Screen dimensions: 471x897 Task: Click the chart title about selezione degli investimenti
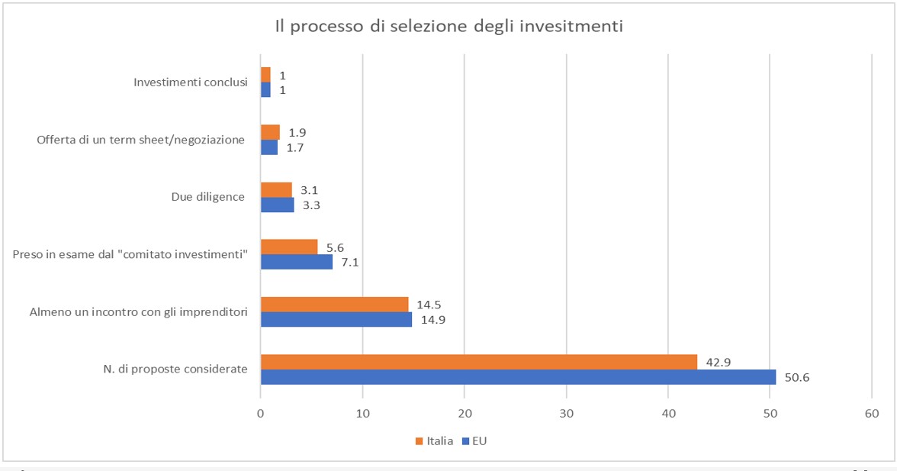pyautogui.click(x=449, y=27)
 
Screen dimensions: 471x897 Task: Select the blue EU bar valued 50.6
pyautogui.click(x=518, y=377)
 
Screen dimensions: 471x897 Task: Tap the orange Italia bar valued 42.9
pyautogui.click(x=479, y=362)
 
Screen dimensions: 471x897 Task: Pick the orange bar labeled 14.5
pyautogui.click(x=334, y=305)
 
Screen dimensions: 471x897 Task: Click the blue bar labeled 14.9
pyautogui.click(x=336, y=319)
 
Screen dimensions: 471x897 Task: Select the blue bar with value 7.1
pyautogui.click(x=297, y=262)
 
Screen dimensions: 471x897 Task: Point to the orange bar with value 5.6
pyautogui.click(x=289, y=247)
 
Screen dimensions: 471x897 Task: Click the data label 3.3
pyautogui.click(x=311, y=205)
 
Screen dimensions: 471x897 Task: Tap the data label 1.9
pyautogui.click(x=297, y=132)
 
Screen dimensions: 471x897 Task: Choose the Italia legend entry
pyautogui.click(x=434, y=441)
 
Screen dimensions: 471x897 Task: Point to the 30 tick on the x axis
pyautogui.click(x=566, y=413)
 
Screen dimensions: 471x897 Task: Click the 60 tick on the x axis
pyautogui.click(x=872, y=413)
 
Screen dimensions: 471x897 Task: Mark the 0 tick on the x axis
pyautogui.click(x=261, y=413)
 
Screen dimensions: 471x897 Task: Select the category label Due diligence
pyautogui.click(x=207, y=197)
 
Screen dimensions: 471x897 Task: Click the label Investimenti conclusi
pyautogui.click(x=190, y=82)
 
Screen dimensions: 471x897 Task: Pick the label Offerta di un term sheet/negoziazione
pyautogui.click(x=140, y=140)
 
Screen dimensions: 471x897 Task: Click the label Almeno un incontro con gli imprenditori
pyautogui.click(x=138, y=311)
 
